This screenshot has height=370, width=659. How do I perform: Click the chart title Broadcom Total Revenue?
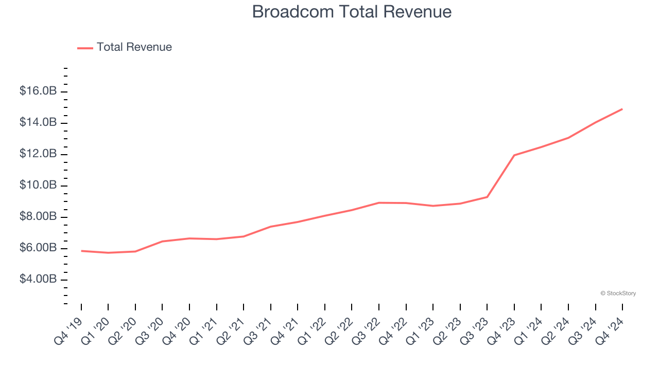(x=352, y=11)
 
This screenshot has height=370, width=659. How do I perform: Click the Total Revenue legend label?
(x=134, y=47)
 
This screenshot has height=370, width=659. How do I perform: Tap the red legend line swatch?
(x=85, y=48)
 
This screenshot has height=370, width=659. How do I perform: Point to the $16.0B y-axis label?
(x=38, y=91)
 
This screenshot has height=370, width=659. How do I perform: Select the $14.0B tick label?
(x=38, y=123)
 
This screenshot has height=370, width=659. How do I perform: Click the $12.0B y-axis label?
(x=38, y=154)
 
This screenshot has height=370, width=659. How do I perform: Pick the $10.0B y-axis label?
(x=38, y=186)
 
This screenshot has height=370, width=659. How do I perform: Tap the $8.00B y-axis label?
(x=38, y=217)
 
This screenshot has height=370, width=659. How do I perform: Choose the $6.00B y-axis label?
(x=38, y=248)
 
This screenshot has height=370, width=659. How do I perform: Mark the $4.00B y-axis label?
(x=38, y=280)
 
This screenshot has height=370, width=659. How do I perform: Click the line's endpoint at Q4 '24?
(x=622, y=109)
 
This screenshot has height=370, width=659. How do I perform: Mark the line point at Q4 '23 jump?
(x=514, y=155)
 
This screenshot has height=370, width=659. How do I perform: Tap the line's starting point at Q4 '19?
(x=81, y=251)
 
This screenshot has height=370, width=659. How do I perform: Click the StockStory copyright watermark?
(x=618, y=293)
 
